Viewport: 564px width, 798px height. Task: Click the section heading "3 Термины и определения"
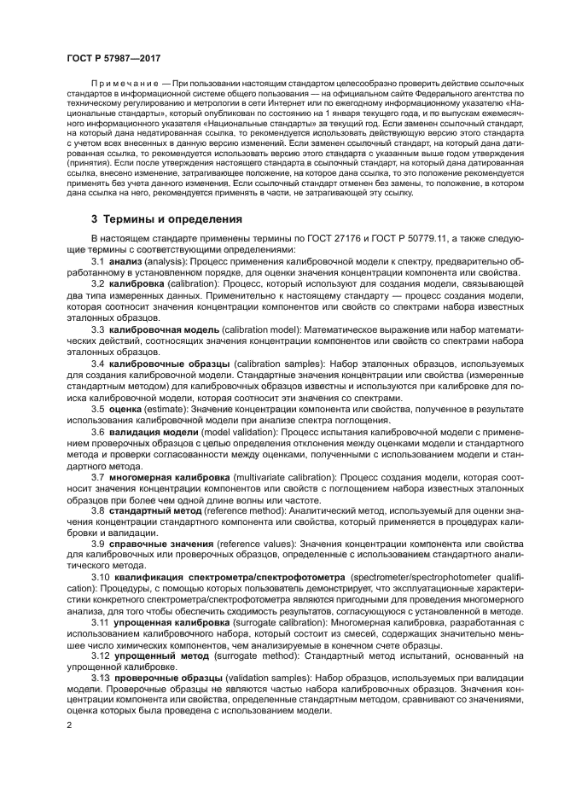click(166, 219)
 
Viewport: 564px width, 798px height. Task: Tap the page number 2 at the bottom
click(69, 725)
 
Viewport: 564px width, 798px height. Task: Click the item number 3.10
click(101, 578)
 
